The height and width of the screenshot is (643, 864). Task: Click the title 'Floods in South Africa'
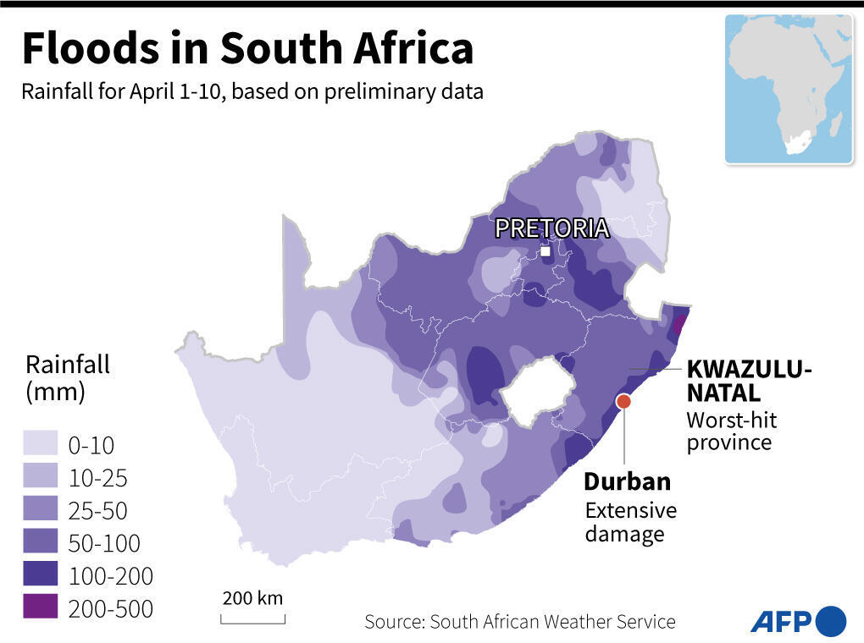246,48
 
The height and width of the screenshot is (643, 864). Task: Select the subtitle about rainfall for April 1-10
252,91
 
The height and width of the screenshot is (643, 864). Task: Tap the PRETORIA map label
551,228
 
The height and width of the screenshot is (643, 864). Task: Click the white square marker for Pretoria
546,251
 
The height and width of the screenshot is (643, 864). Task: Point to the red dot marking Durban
623,402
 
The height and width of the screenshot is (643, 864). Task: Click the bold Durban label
627,481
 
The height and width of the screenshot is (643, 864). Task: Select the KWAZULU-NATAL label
748,381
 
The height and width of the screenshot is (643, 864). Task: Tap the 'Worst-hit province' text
731,431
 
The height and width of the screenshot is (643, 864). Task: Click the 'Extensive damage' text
631,522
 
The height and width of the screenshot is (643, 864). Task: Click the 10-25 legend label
97,478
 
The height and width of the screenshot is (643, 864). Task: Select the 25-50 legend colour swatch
41,510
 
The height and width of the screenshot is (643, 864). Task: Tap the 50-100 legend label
104,543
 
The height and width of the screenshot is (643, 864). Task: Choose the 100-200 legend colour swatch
41,575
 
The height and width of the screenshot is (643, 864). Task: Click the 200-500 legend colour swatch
41,607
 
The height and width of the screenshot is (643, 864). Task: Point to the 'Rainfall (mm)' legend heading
68,378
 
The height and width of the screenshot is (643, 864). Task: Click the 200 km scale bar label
252,598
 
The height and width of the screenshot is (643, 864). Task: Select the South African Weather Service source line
519,622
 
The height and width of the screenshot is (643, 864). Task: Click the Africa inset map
788,89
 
